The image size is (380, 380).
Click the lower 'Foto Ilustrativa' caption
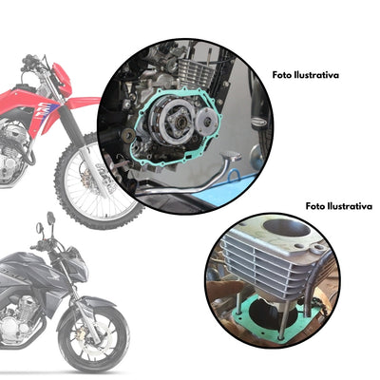(338, 205)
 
